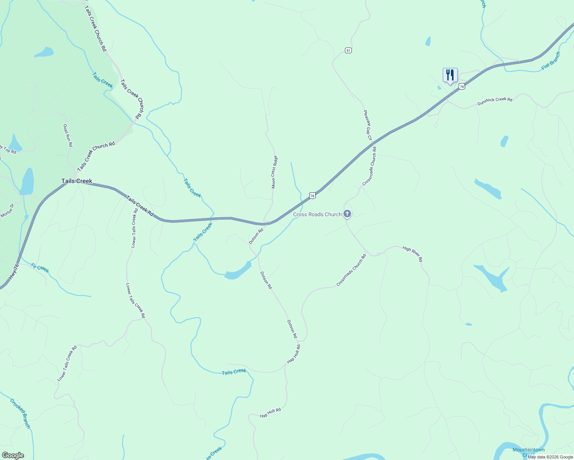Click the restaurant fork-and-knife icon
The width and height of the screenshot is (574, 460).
450,75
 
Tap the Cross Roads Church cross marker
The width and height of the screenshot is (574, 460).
347,214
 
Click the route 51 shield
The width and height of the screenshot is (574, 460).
348,50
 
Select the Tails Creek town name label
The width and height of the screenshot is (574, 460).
77,181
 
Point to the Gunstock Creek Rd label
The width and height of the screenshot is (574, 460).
495,101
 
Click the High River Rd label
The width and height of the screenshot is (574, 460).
412,254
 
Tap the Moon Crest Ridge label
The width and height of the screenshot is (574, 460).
274,172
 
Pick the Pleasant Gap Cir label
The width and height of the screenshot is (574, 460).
368,125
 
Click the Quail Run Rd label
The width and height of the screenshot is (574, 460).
68,135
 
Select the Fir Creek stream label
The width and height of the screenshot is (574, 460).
40,268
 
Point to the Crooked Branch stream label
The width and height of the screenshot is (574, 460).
20,413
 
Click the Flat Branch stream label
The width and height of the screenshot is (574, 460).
551,61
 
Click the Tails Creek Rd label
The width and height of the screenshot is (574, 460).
140,206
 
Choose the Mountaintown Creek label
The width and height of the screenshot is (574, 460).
528,452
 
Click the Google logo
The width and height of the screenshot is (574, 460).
13,455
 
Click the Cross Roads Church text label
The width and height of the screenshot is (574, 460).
317,214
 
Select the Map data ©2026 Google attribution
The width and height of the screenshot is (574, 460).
550,457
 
